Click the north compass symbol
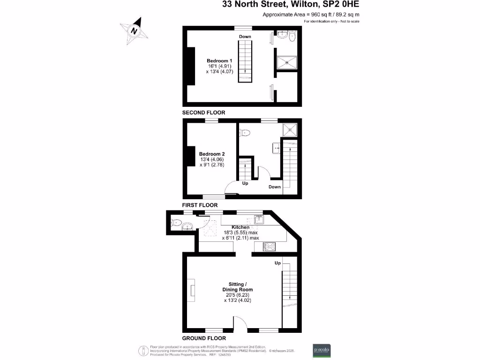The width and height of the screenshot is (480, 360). point(135,30)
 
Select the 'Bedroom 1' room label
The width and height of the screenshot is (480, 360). point(219,61)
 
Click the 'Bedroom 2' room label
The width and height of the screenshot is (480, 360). point(212,154)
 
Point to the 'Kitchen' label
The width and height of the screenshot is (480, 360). point(240,227)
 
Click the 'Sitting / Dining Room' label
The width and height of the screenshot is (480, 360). point(240,287)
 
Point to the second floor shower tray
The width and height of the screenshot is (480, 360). point(286,62)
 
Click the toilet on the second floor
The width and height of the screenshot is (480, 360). point(292,36)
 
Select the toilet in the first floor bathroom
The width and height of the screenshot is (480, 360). point(245,133)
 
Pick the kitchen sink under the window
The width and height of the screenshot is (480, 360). point(259,218)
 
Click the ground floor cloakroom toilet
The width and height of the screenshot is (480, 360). point(176,223)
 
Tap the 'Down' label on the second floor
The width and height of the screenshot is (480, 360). point(245,37)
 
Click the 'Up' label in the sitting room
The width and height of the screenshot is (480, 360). point(277,263)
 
